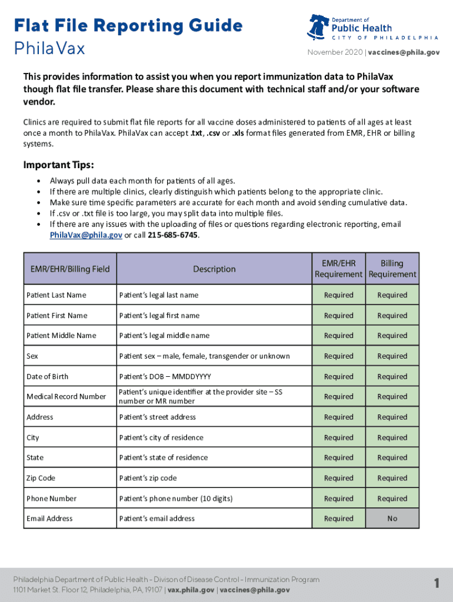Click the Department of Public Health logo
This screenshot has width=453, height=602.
[374, 28]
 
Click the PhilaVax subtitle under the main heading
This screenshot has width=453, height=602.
[49, 48]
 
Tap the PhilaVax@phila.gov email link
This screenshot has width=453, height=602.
[86, 235]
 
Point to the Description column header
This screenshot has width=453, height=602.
[214, 269]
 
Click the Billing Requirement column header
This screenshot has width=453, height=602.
[392, 269]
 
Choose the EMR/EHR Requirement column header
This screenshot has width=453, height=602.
[338, 269]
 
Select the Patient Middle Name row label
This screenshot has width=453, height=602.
[61, 336]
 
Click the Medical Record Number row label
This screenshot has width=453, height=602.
[66, 397]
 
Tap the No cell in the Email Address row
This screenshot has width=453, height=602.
[392, 519]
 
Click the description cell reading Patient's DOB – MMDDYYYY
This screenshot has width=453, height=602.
[165, 376]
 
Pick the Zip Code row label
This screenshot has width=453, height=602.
[41, 478]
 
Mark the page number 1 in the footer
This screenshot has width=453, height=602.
[437, 583]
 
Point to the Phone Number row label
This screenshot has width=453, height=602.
[51, 499]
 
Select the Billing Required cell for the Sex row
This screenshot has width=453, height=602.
[392, 356]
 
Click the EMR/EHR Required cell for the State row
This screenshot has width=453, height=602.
[338, 457]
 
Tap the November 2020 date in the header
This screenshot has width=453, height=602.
[334, 52]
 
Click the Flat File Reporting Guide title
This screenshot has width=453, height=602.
[128, 26]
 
